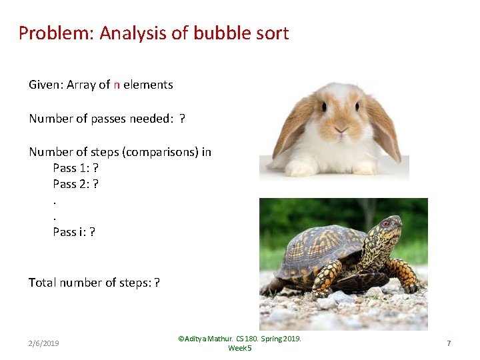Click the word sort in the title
coord(271,33)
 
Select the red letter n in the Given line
coord(117,85)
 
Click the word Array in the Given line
coord(81,85)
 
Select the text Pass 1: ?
coord(76,168)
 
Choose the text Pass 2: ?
coord(76,184)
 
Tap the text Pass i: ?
coord(74,232)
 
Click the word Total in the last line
coord(42,283)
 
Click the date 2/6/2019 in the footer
coord(43,343)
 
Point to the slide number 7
coord(449,343)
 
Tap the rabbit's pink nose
coord(340,133)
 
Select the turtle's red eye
coord(385,224)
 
